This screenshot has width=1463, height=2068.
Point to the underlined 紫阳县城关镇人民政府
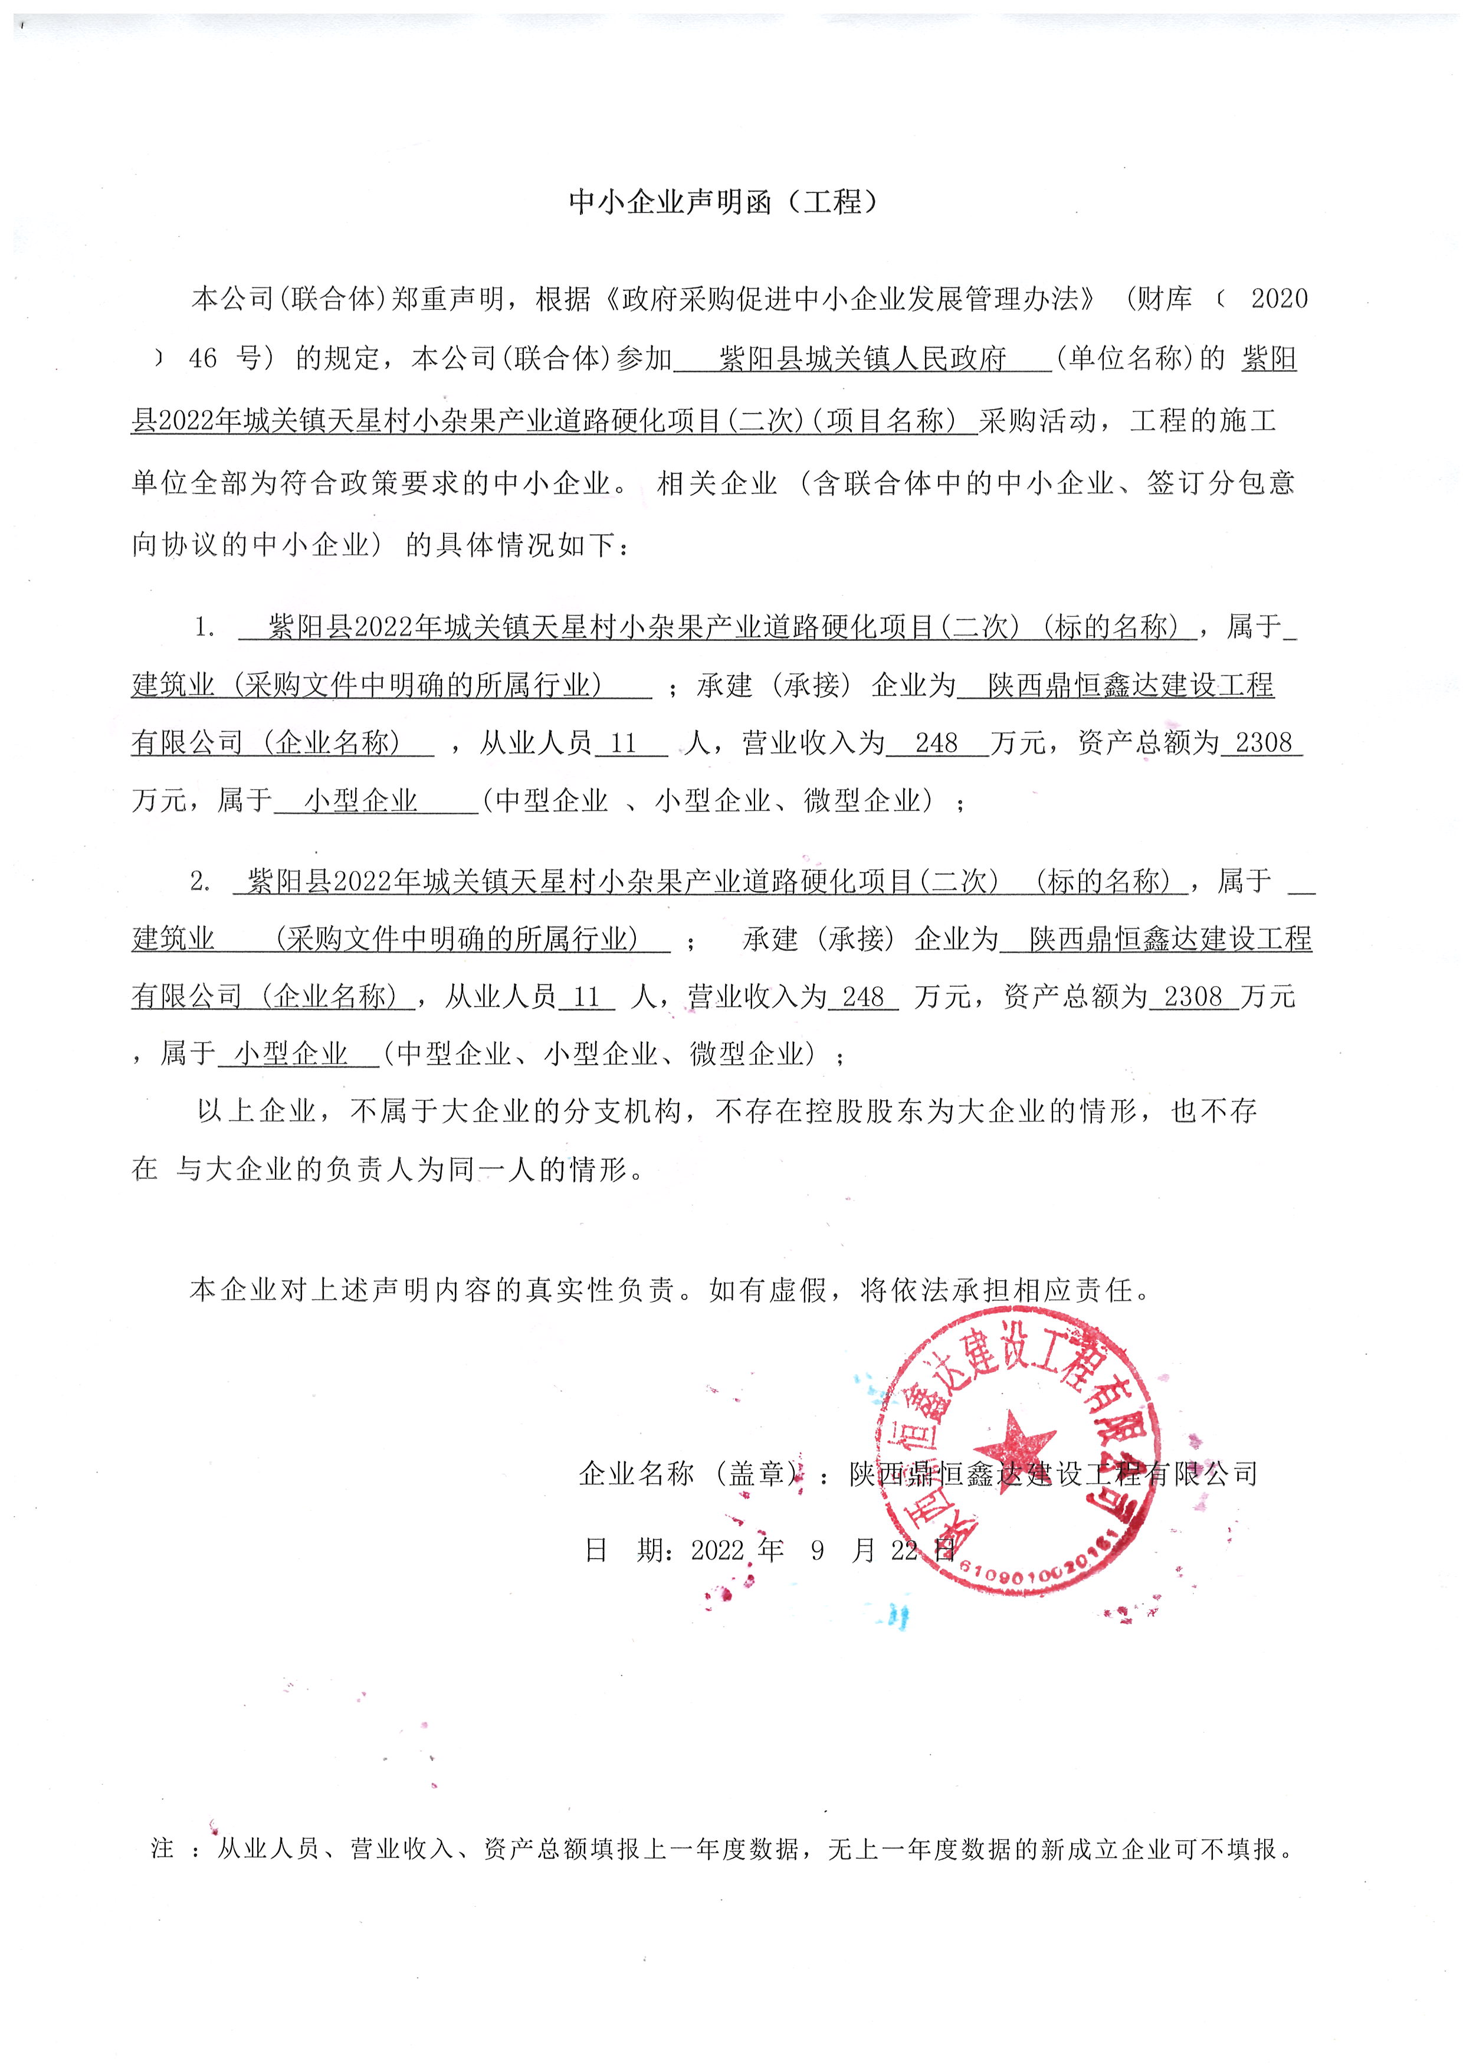862,359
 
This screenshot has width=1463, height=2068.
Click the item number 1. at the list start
205,627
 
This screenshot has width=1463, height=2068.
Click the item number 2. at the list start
200,882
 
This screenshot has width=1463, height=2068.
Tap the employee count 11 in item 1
624,744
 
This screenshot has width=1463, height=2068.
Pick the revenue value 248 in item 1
936,744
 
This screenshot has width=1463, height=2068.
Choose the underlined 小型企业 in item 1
360,800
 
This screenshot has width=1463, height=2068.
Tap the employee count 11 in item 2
586,997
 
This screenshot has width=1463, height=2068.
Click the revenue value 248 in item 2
863,997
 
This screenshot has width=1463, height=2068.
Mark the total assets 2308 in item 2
1193,997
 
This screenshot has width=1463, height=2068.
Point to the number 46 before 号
203,359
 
